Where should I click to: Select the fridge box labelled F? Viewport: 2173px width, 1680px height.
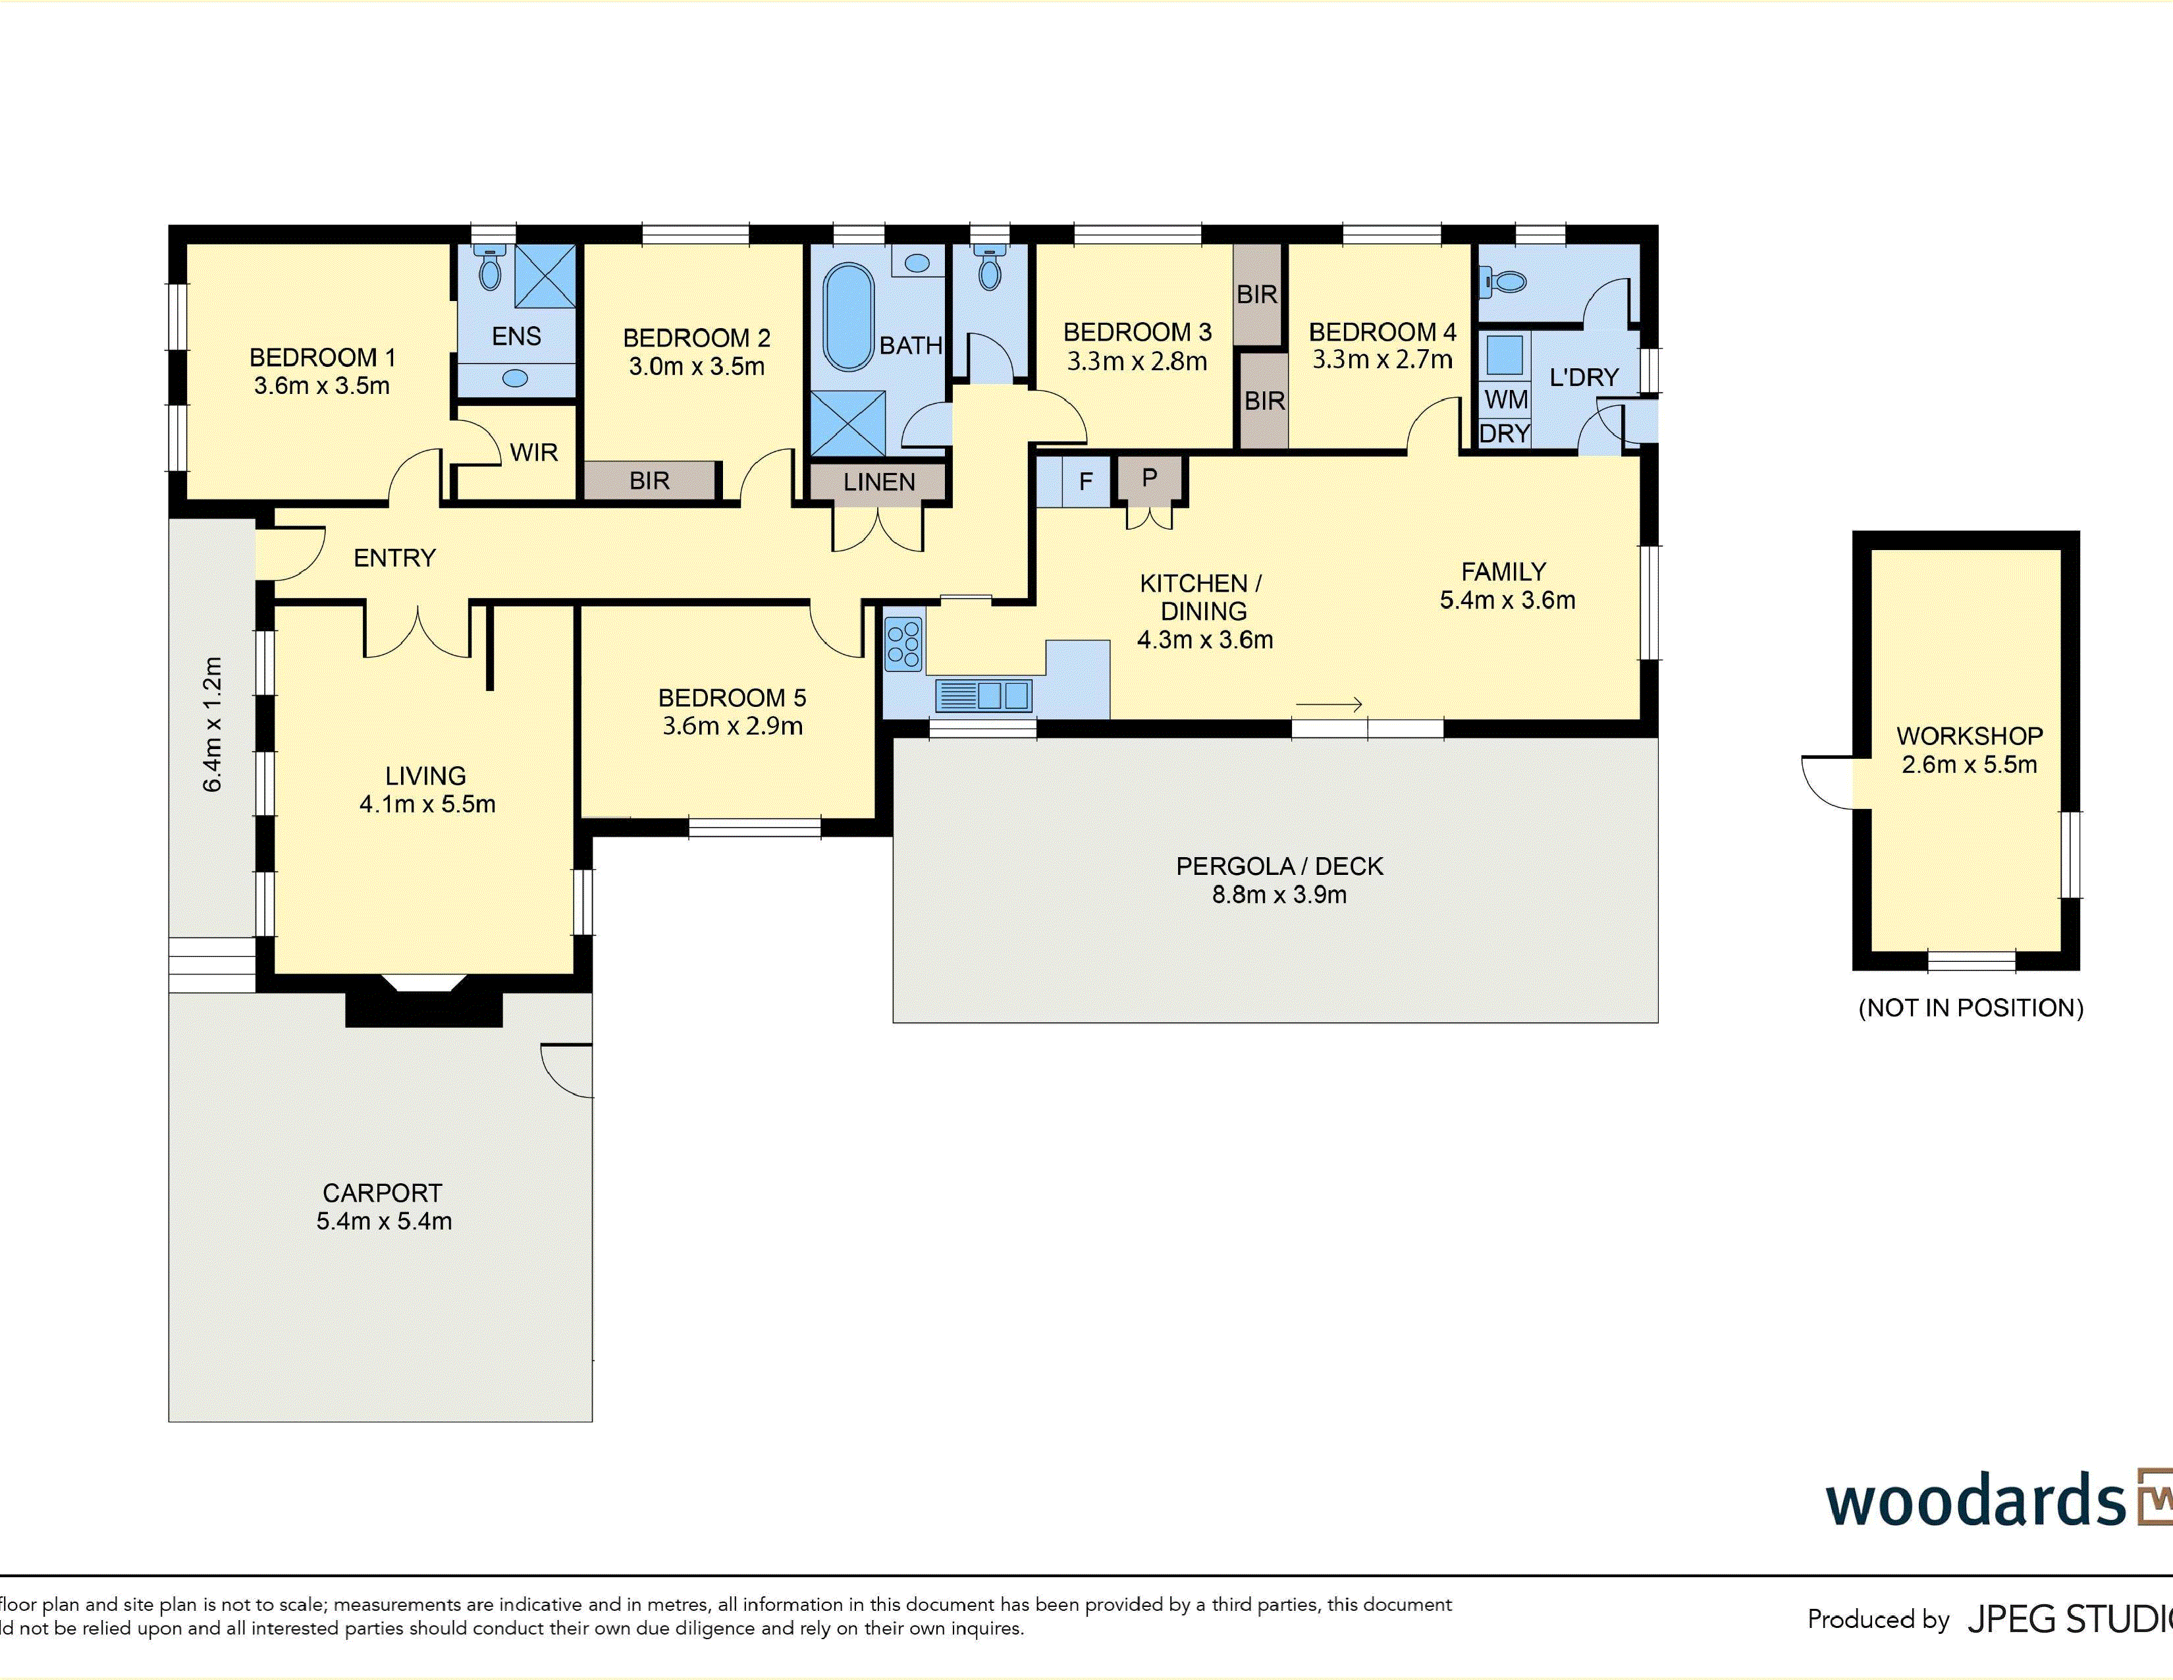(x=1085, y=482)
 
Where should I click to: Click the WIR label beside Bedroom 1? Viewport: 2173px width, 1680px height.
(x=533, y=453)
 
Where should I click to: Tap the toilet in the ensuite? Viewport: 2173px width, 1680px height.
(x=489, y=267)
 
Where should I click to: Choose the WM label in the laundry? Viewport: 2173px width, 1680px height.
(x=1505, y=400)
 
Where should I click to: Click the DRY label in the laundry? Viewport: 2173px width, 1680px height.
(x=1505, y=434)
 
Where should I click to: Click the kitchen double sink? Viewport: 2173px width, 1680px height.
(x=984, y=694)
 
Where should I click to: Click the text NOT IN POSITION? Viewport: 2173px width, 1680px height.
(x=1971, y=1008)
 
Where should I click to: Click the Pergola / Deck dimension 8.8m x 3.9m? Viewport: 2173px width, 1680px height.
(x=1279, y=895)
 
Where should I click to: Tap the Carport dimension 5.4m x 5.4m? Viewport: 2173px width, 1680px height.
(x=384, y=1221)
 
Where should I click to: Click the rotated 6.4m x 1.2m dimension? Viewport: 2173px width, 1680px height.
(x=213, y=723)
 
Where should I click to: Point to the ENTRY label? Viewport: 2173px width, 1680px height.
(x=395, y=558)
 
